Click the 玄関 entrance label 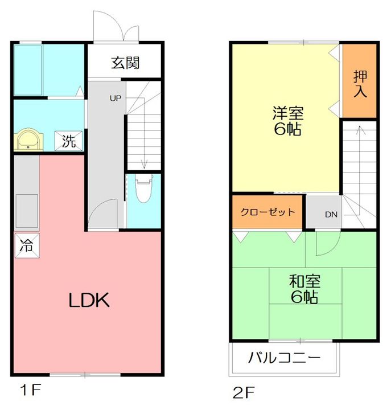click(125, 63)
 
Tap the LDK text click(89, 300)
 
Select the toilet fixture click(143, 188)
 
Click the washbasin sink click(28, 139)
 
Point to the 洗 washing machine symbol click(68, 141)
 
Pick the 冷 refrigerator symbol click(27, 245)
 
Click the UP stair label click(116, 99)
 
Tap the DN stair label click(331, 215)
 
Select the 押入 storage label click(360, 84)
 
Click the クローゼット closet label click(267, 212)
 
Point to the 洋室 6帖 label click(288, 121)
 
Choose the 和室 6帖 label click(304, 289)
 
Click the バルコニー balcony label click(285, 358)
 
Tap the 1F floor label click(31, 391)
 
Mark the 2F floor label click(244, 392)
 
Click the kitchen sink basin click(27, 211)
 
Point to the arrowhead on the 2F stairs click(360, 128)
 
